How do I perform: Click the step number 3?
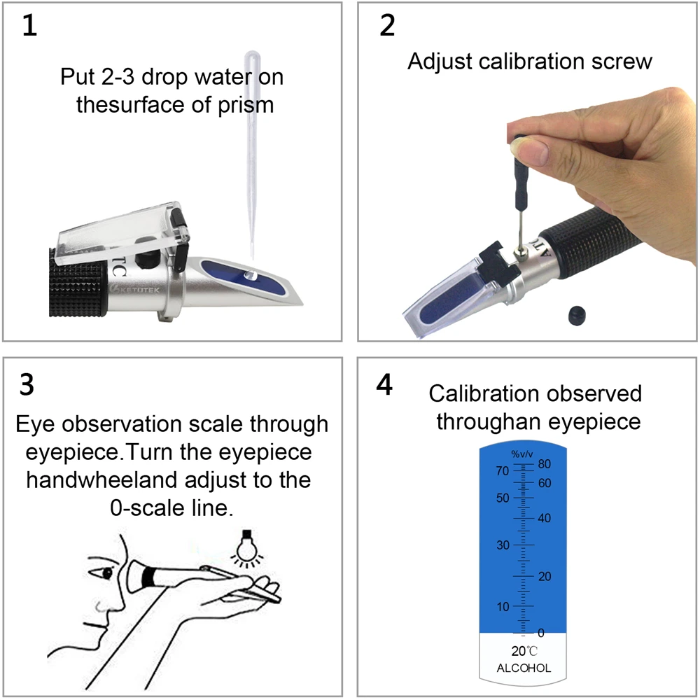click(x=27, y=385)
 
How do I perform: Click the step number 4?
click(x=384, y=386)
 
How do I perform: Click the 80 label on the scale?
click(x=545, y=464)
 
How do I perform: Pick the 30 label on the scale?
click(x=503, y=545)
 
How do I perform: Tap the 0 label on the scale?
click(x=540, y=633)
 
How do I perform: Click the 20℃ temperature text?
click(x=524, y=650)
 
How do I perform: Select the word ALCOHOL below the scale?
click(x=524, y=668)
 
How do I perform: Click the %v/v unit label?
click(x=521, y=454)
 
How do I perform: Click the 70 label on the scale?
click(x=502, y=471)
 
